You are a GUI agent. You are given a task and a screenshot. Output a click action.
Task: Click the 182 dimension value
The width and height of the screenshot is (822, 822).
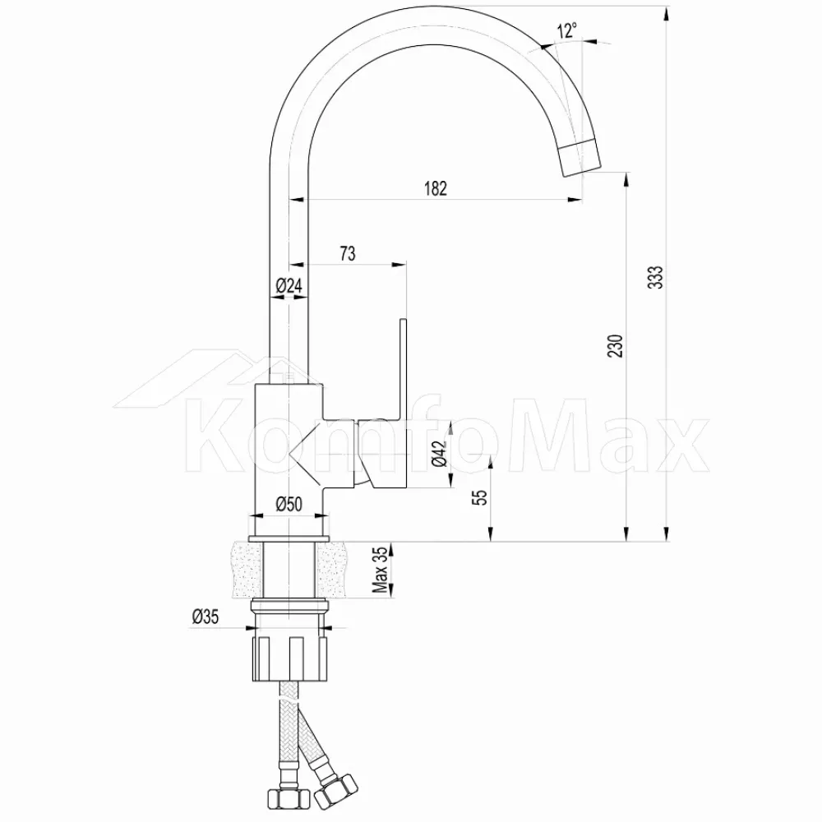pos(435,188)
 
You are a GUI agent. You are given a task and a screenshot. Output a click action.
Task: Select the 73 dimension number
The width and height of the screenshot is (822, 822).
pos(348,254)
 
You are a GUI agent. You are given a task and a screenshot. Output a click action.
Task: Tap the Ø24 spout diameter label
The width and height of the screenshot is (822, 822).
pos(289,286)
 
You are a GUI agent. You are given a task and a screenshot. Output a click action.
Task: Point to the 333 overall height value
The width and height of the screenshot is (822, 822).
pos(655,277)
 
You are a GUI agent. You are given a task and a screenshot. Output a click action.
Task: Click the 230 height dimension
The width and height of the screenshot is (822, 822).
pos(615,346)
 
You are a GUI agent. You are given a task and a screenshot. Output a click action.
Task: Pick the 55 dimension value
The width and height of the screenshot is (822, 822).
pos(480,497)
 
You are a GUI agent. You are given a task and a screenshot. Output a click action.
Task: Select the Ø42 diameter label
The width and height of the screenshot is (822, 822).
pos(440,453)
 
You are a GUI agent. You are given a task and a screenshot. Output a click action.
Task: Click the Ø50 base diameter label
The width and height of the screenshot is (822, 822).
pos(289,504)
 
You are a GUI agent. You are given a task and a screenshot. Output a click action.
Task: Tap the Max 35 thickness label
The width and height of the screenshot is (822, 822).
pos(380,570)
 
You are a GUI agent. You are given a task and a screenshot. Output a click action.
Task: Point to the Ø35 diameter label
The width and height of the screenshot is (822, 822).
pos(205,616)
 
